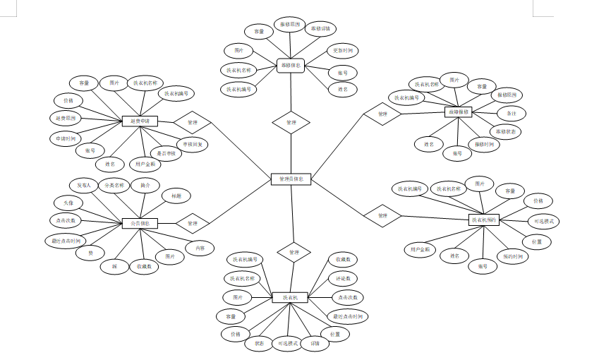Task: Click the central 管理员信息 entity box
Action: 291,179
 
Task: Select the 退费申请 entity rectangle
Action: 140,121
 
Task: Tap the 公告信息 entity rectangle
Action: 140,223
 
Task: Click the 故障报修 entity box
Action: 459,112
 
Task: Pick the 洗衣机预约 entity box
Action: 484,220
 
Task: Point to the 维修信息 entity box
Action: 291,66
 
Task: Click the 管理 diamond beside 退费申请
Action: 193,122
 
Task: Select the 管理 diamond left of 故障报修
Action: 382,114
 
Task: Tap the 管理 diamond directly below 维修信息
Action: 291,122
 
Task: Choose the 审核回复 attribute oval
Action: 192,144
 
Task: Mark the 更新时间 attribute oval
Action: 343,51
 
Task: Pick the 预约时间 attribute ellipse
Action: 513,256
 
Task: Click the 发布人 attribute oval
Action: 85,185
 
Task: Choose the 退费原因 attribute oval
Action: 64,117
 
